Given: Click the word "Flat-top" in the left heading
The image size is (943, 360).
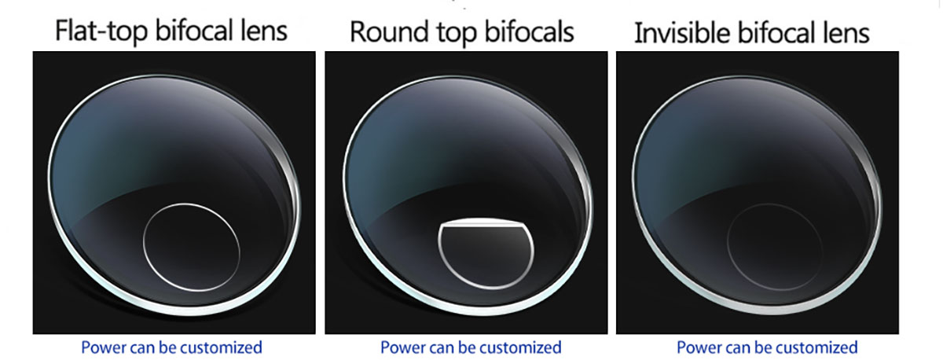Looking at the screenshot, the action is (101, 31).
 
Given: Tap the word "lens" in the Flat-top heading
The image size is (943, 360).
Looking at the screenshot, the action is (264, 31).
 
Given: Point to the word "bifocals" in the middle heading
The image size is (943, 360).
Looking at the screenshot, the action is (529, 31).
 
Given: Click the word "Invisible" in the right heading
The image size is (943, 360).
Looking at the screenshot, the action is (682, 33).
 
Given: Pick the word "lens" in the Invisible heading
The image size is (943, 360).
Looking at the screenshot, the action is (846, 33).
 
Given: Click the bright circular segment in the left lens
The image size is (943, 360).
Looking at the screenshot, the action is (144, 247).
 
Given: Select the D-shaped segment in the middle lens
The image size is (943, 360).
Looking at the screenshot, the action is (486, 253).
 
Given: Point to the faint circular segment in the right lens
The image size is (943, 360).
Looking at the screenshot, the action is (727, 247).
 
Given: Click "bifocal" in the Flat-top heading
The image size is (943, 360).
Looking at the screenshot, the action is (195, 31).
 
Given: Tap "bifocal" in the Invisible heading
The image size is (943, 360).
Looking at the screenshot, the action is (776, 33).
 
